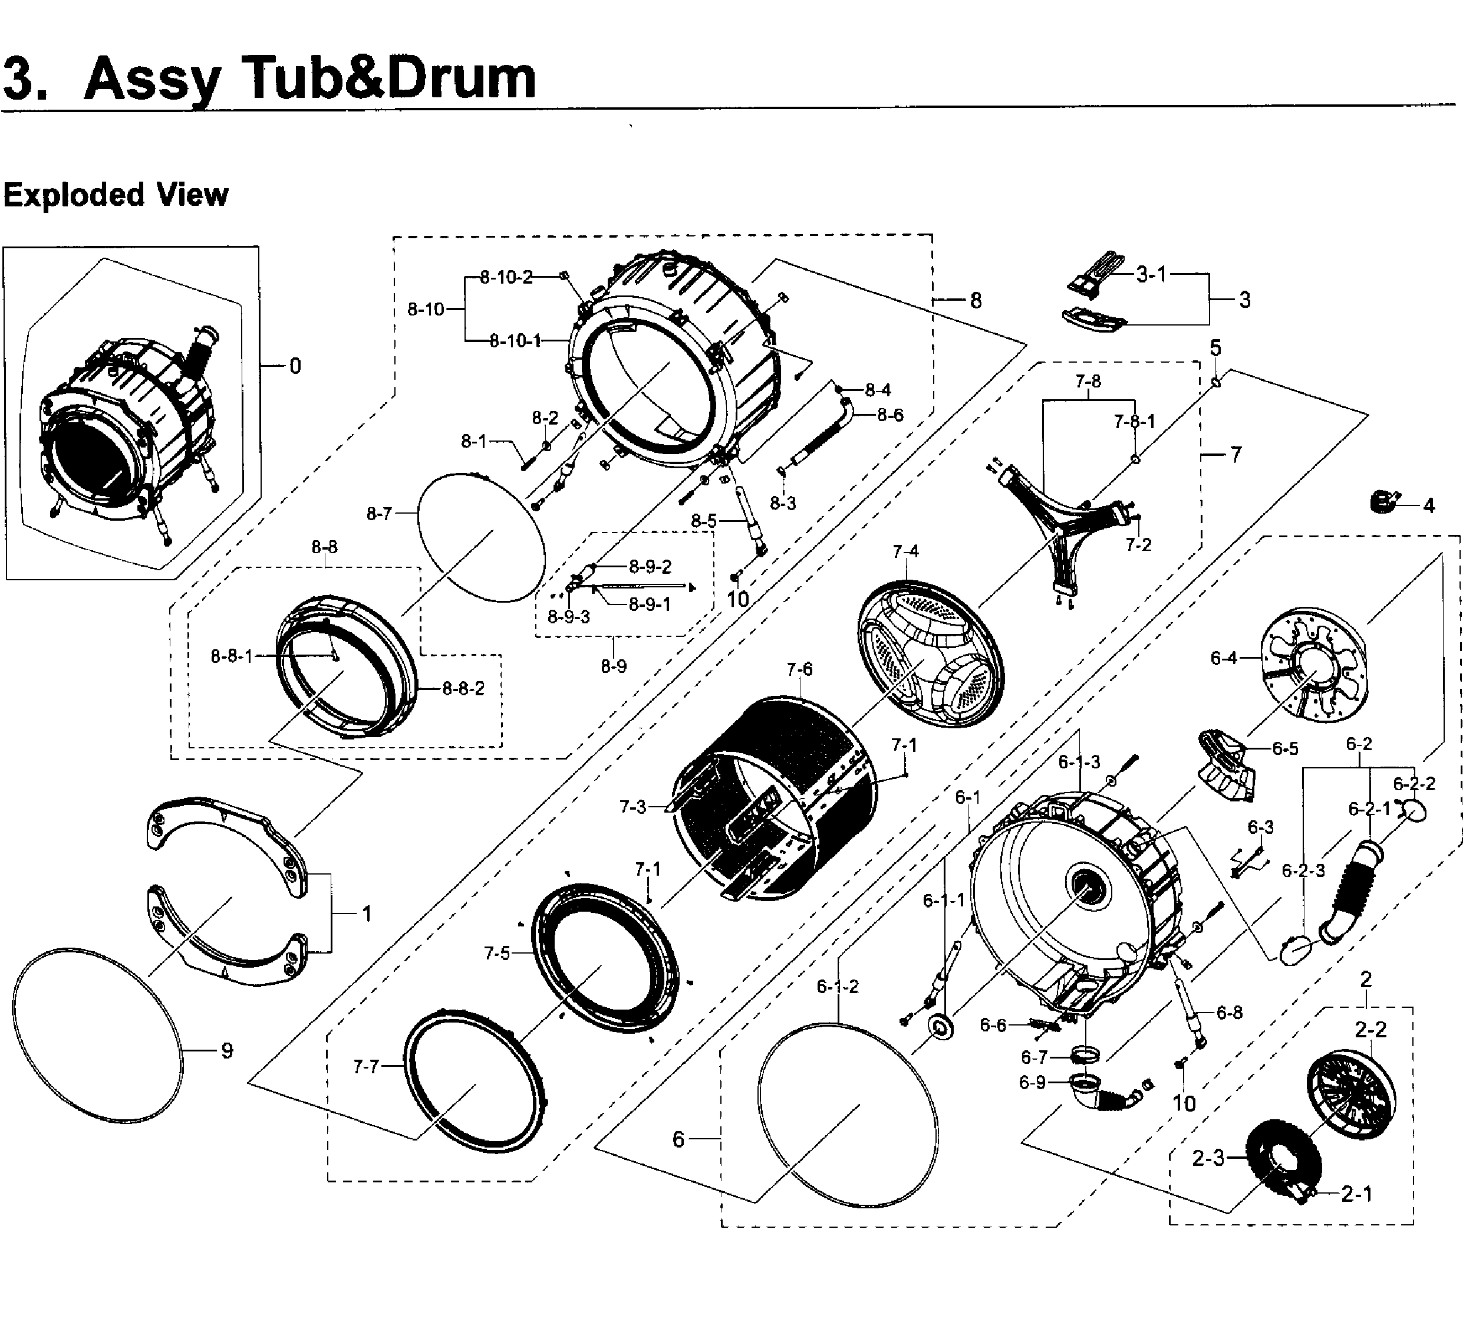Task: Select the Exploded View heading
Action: pyautogui.click(x=116, y=195)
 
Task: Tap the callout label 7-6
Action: pyautogui.click(x=799, y=669)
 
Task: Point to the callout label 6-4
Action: pyautogui.click(x=1223, y=658)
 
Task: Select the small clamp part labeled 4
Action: pyautogui.click(x=1382, y=501)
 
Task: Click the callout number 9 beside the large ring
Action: pyautogui.click(x=226, y=1051)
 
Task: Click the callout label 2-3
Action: pyautogui.click(x=1207, y=1159)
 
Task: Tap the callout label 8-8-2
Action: pyautogui.click(x=463, y=688)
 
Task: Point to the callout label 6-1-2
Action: pyautogui.click(x=838, y=987)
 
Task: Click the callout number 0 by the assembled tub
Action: pyautogui.click(x=295, y=366)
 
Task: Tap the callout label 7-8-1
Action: pyautogui.click(x=1134, y=420)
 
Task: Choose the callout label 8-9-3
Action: pyautogui.click(x=568, y=616)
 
